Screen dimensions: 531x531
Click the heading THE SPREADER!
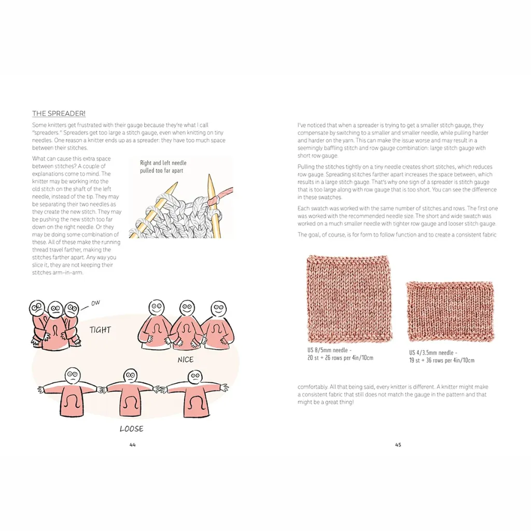pos(59,114)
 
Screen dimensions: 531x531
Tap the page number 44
pos(132,444)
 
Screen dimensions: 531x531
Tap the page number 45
pos(398,444)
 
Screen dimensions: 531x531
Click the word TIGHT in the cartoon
pos(100,330)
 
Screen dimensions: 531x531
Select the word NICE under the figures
pos(186,360)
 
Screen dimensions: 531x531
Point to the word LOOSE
pos(131,429)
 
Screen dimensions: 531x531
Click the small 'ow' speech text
pos(95,303)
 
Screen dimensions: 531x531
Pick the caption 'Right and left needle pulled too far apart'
pos(163,166)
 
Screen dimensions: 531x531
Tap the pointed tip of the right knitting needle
pos(209,175)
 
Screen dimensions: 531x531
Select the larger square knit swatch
pos(349,299)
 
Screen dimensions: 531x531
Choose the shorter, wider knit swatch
pos(450,311)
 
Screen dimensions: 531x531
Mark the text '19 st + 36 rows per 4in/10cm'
pos(442,360)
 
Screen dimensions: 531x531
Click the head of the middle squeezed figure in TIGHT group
pos(55,309)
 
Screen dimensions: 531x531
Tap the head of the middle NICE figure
pos(187,308)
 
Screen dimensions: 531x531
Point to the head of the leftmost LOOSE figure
pos(72,375)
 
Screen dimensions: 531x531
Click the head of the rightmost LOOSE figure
pos(195,378)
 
